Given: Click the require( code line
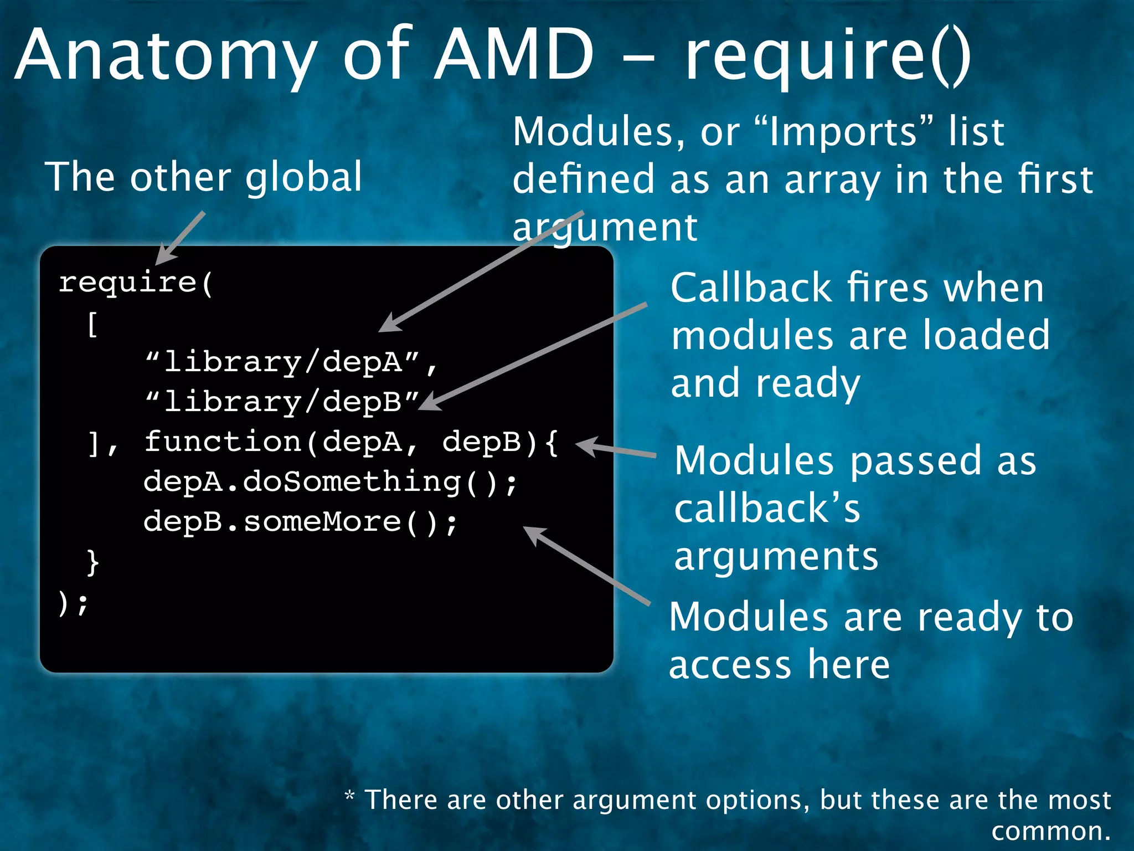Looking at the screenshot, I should tap(136, 283).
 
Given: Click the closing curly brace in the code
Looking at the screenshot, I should tap(93, 562).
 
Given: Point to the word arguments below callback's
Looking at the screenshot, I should tap(776, 557).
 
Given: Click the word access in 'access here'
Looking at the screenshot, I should tap(730, 664).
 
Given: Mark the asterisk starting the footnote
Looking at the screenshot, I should tap(349, 796).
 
